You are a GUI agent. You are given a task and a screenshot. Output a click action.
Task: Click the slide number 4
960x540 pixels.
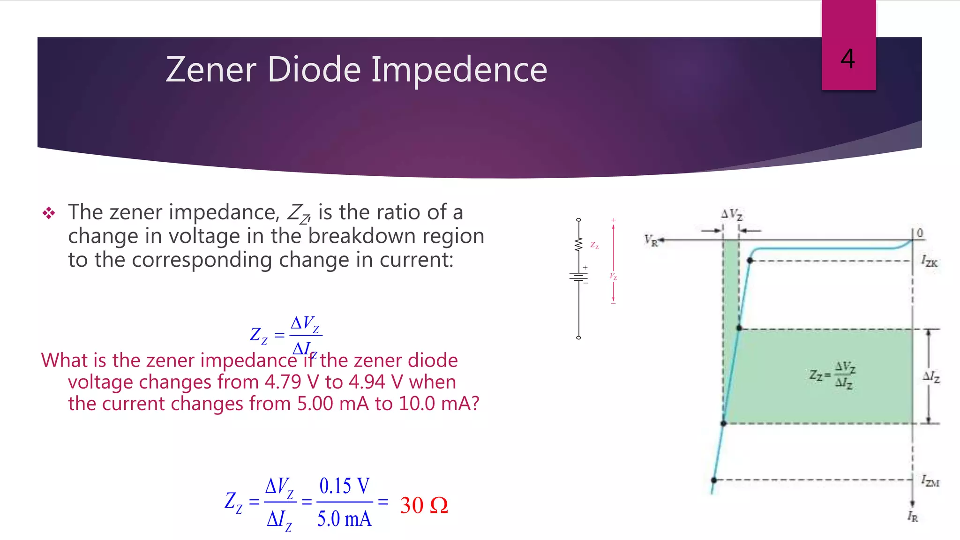pos(847,59)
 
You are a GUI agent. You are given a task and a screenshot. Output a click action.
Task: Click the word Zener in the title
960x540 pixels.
pos(210,70)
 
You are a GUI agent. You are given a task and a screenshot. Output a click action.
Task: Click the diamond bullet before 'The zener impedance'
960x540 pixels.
pos(49,213)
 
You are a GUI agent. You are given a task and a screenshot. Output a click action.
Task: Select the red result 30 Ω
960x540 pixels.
pos(424,505)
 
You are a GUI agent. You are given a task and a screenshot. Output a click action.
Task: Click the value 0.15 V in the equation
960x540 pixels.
pos(344,486)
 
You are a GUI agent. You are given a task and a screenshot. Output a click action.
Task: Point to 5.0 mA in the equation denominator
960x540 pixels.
pos(344,519)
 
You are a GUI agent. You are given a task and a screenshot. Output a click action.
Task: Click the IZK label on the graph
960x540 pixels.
pos(929,261)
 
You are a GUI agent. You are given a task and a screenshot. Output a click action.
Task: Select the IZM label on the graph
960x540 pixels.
pos(930,481)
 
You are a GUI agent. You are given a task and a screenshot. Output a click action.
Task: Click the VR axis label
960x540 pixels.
pos(651,240)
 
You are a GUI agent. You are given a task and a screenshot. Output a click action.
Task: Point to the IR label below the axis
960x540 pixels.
pos(912,517)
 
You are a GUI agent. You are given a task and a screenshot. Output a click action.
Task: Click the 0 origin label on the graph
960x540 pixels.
pos(920,232)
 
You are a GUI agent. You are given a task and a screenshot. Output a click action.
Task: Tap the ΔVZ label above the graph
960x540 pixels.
pos(731,215)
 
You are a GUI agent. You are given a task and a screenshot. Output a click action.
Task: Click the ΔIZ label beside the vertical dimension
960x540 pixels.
pos(931,376)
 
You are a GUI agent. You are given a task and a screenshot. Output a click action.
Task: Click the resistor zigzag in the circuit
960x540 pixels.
pos(578,244)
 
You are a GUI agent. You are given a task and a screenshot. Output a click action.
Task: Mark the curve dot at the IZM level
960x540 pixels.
pos(714,480)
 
